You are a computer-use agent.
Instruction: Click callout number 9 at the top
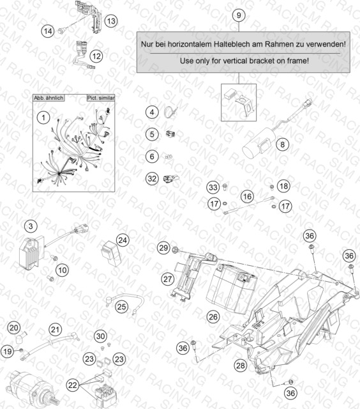239,15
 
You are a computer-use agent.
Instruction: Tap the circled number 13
111,21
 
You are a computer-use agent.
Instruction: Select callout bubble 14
48,31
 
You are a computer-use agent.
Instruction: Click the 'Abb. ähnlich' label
49,98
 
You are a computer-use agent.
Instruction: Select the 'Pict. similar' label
101,98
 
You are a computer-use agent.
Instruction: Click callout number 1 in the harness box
43,118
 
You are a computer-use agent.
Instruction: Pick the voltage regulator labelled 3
30,252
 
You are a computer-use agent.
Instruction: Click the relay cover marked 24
110,253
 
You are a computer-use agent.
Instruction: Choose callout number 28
240,365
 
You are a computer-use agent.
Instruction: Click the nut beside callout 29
175,250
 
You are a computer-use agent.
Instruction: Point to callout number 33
213,187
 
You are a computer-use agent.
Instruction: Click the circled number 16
247,196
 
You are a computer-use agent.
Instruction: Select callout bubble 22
73,385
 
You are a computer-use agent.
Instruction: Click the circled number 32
152,179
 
